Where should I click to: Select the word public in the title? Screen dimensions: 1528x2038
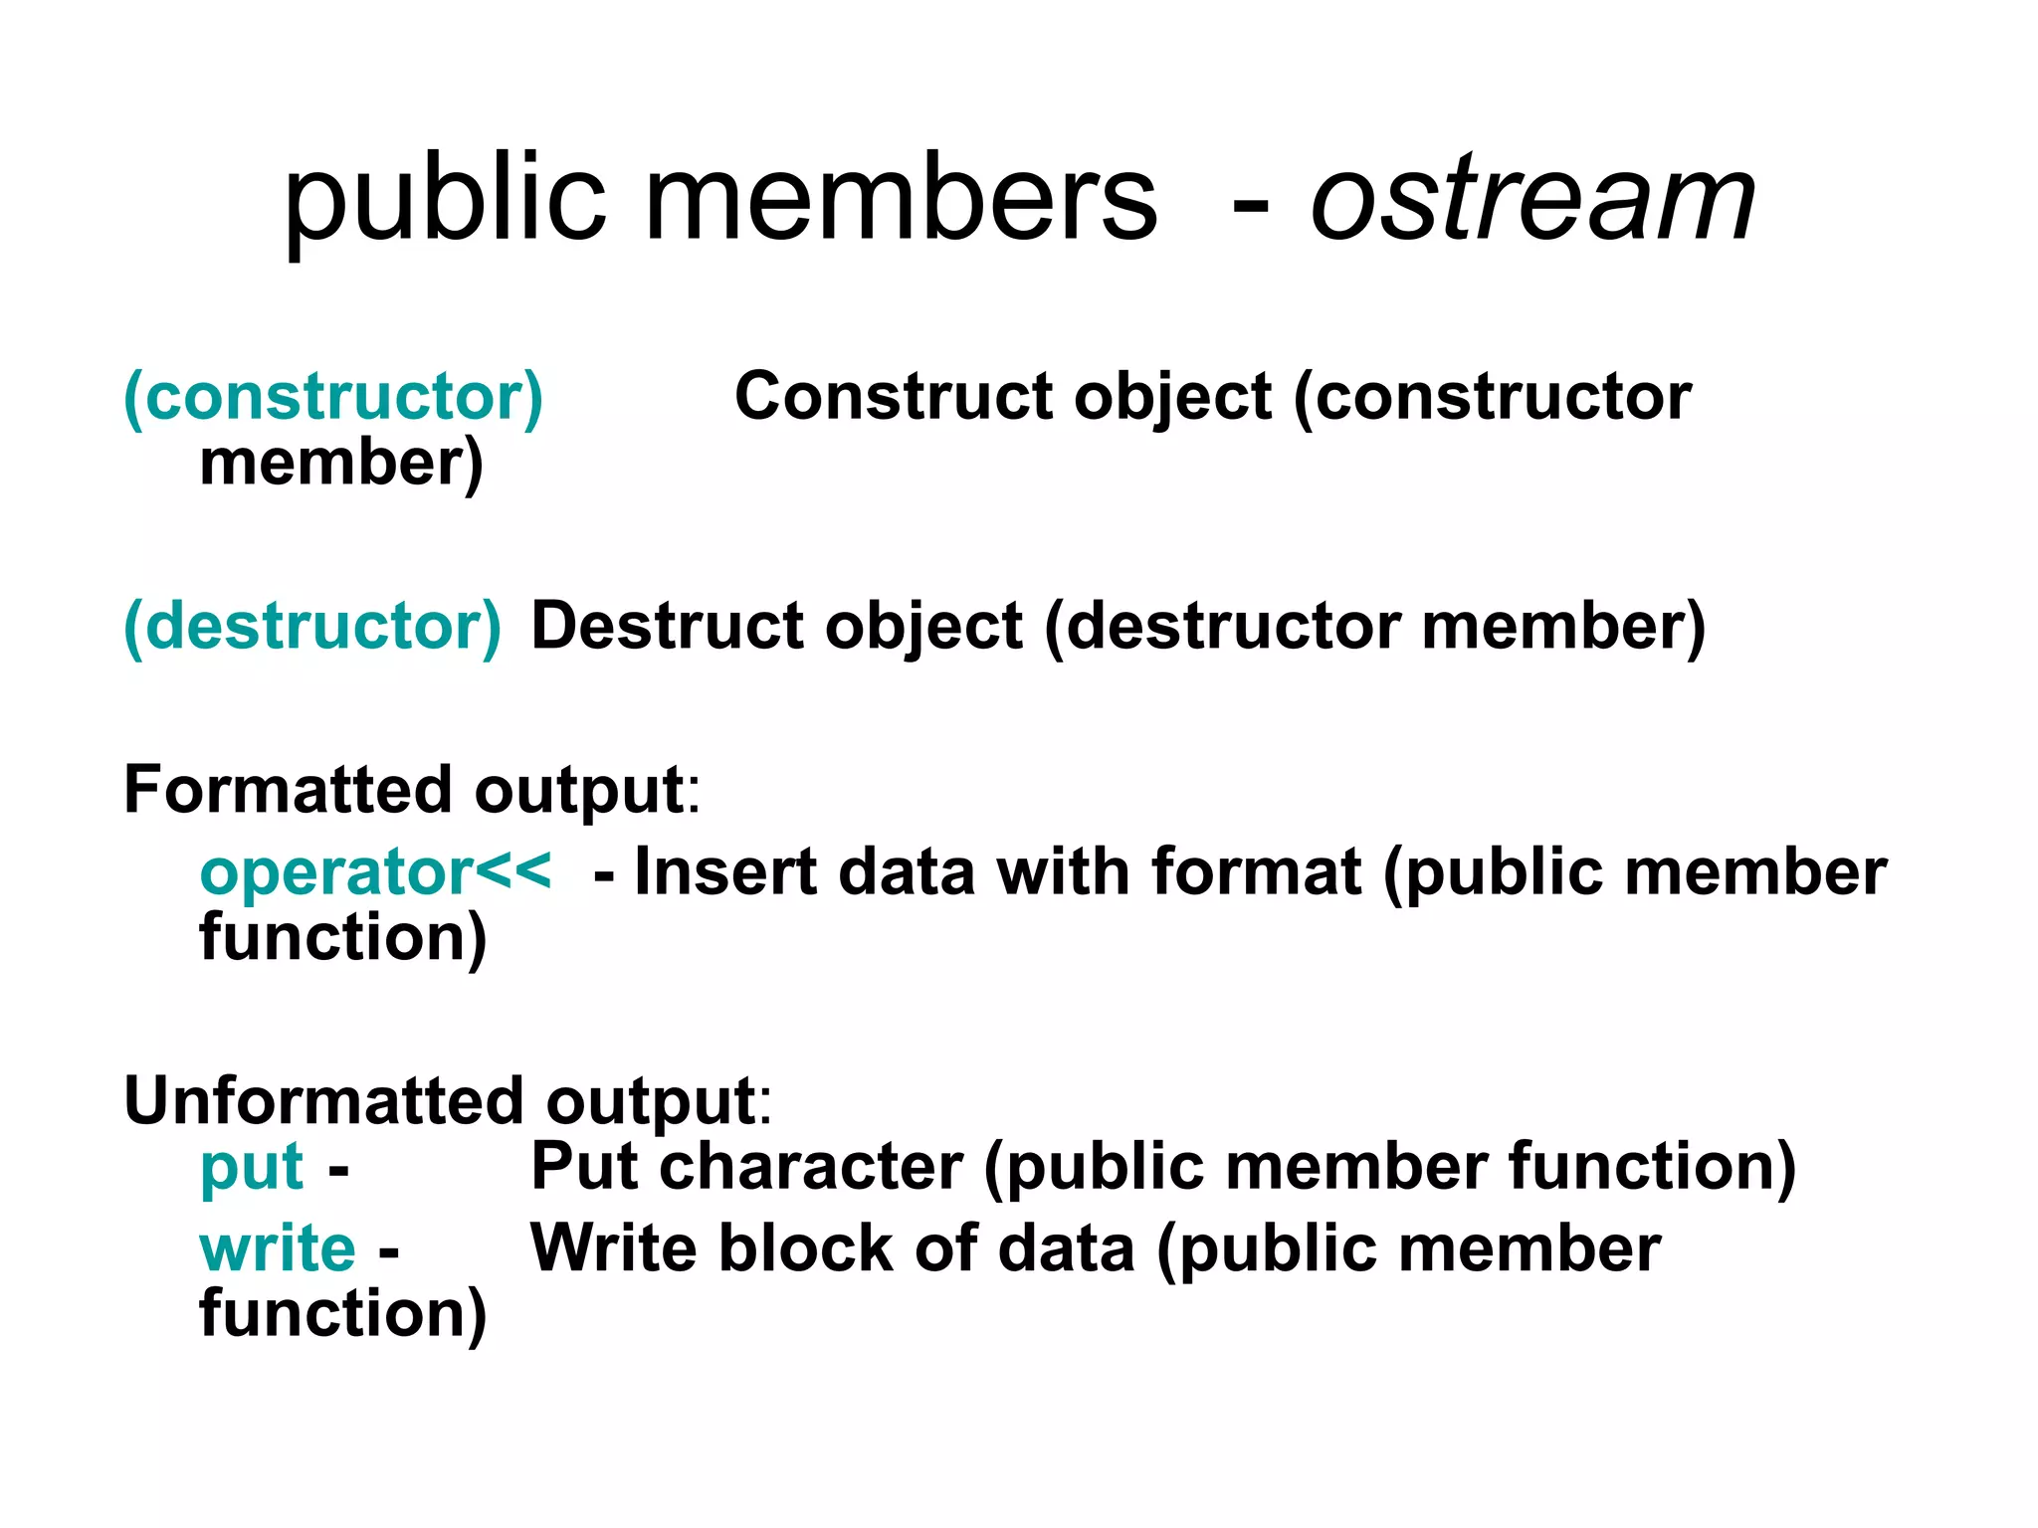coord(445,203)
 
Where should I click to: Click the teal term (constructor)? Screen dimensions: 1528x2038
coord(333,398)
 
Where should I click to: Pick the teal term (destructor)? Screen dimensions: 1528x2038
coord(312,627)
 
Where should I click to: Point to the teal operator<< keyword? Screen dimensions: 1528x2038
coord(374,871)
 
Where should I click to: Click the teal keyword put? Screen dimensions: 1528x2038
coord(251,1168)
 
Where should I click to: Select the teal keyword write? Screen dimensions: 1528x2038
coord(278,1248)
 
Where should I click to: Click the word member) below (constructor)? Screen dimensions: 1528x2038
coord(341,464)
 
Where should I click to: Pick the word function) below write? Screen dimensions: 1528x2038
coord(343,1313)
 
